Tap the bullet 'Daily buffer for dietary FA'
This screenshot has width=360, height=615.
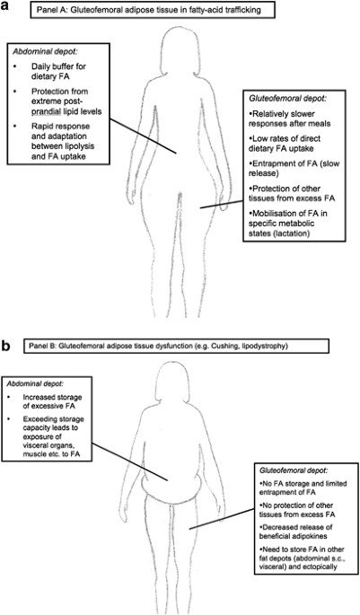[x=63, y=73]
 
